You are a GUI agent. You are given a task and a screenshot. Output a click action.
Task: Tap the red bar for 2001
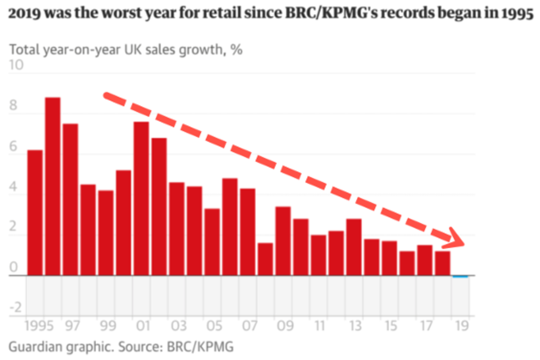(x=141, y=198)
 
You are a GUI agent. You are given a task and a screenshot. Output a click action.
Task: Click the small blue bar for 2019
(x=460, y=276)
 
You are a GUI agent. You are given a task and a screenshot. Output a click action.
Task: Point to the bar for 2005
(x=212, y=242)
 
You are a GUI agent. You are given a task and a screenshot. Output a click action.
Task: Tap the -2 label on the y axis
(x=16, y=308)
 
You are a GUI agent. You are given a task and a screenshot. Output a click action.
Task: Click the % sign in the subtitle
(x=236, y=49)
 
